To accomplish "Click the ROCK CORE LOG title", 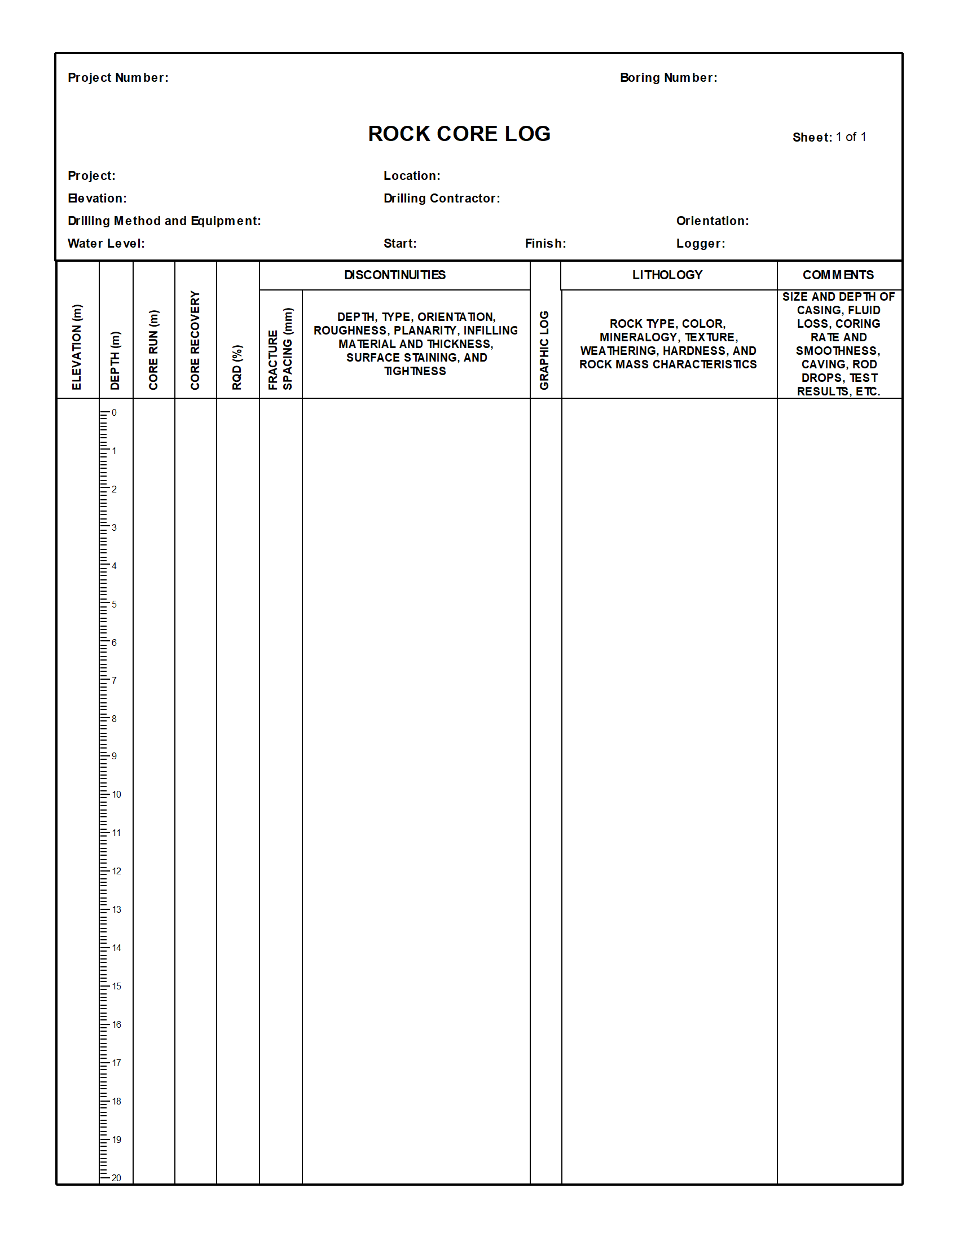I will (x=459, y=134).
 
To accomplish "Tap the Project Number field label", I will (x=118, y=78).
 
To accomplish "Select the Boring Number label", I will (x=668, y=78).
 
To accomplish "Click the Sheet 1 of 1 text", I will (x=829, y=137).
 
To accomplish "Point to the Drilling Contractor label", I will (x=442, y=199).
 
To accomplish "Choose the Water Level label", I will (x=106, y=244).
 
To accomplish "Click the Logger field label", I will (x=701, y=244).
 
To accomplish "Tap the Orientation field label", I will (x=712, y=221).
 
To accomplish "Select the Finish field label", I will (x=546, y=244).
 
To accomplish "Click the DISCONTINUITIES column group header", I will (x=395, y=275).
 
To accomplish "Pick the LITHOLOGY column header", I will (x=667, y=275).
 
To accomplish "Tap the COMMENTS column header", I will (x=838, y=275).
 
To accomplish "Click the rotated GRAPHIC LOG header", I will (x=544, y=350).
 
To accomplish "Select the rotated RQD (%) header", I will (x=237, y=367).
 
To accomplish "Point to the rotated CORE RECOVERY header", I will (x=195, y=340).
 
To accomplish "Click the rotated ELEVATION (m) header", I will (x=77, y=347).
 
